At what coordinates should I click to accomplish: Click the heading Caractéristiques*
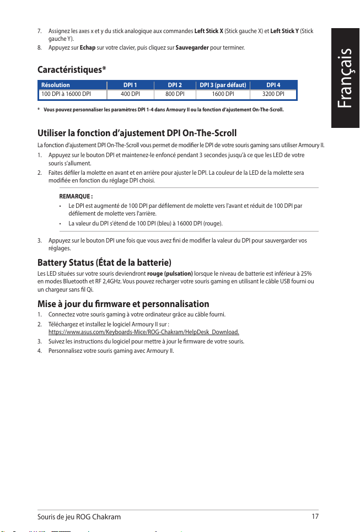pos(72,70)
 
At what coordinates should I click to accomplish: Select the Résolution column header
pos(56,85)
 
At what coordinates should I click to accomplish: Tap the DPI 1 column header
pos(130,85)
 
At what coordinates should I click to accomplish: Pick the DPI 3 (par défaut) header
pos(223,85)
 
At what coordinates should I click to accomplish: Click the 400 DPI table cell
pos(130,94)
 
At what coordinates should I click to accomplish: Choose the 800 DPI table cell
pos(175,94)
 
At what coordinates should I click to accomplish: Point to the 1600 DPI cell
pos(223,94)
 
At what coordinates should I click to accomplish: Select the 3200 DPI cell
pos(273,94)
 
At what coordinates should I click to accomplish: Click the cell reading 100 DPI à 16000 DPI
pos(66,94)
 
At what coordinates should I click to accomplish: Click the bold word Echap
pos(88,48)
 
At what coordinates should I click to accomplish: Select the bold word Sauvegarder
pos(192,48)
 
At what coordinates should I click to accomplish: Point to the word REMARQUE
pos(76,196)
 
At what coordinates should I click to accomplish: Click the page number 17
pos(315,517)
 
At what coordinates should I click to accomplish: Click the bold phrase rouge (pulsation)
pos(170,273)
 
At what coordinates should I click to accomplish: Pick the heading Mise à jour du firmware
pos(123,304)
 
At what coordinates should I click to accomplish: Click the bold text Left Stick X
pos(209,30)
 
